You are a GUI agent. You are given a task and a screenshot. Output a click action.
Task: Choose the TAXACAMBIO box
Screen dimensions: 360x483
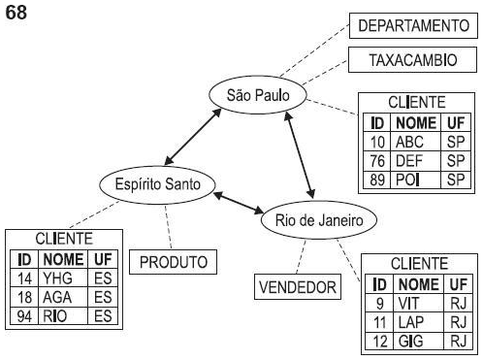click(412, 59)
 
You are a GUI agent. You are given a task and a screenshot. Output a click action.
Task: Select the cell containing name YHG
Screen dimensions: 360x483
click(57, 278)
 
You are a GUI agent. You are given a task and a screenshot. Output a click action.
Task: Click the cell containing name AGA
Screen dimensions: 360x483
click(57, 297)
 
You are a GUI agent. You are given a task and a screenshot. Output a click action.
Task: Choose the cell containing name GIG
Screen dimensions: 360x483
click(414, 341)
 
